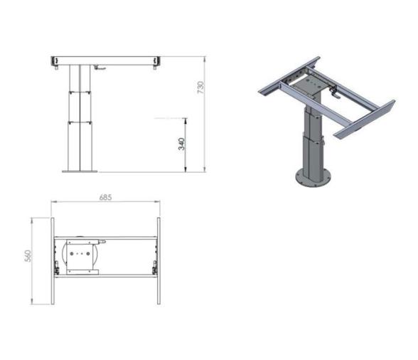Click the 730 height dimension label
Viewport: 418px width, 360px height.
point(200,88)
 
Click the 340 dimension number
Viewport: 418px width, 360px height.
point(181,144)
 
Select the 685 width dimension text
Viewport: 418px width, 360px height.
point(105,197)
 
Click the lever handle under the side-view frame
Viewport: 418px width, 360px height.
point(102,69)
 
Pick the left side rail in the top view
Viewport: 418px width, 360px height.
point(53,261)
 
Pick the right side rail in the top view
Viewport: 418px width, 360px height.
point(159,261)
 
